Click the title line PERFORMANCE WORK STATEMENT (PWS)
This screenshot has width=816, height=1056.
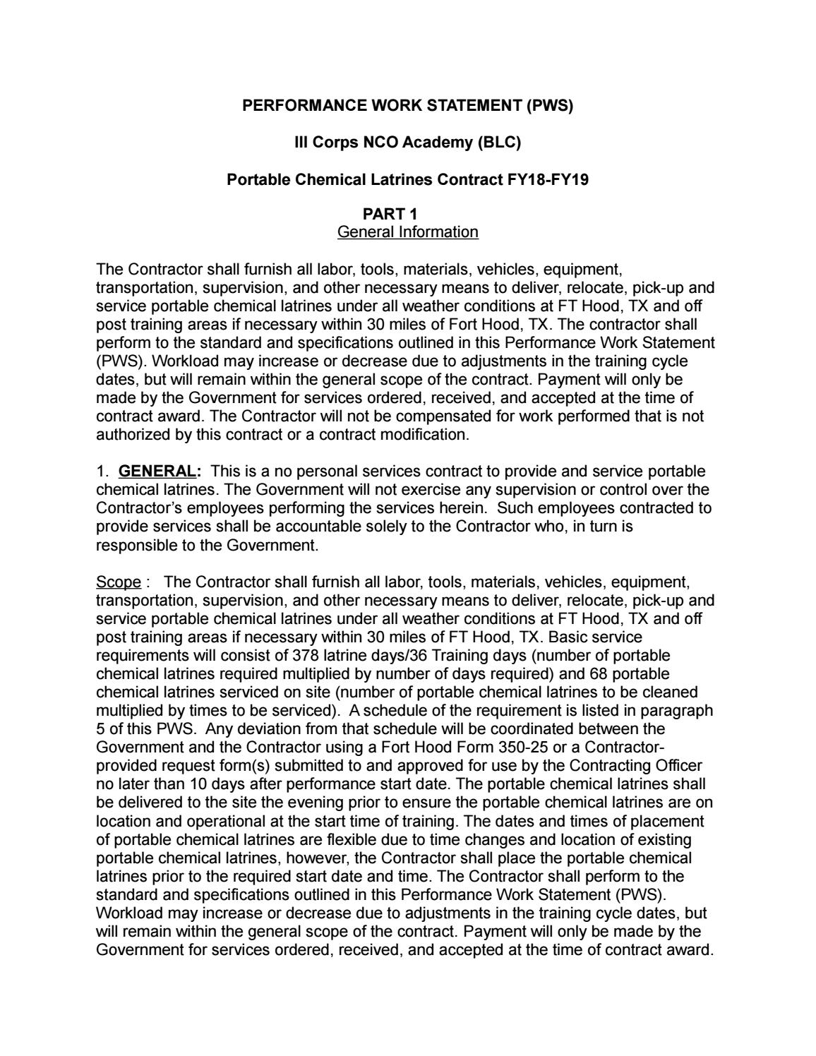pyautogui.click(x=408, y=106)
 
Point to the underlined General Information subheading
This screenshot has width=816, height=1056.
pyautogui.click(x=407, y=232)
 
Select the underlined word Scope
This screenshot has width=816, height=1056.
pyautogui.click(x=118, y=582)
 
